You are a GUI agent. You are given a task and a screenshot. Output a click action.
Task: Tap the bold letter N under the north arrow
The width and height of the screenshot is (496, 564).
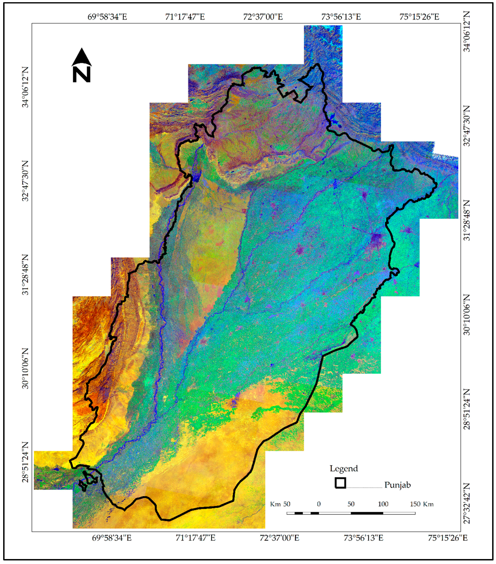(82, 74)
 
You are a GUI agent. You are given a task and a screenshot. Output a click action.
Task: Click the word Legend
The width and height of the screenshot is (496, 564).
(344, 468)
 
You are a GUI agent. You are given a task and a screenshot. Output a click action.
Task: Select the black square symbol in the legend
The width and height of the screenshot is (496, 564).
(340, 483)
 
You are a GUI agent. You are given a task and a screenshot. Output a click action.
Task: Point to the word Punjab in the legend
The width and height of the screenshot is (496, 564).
(397, 485)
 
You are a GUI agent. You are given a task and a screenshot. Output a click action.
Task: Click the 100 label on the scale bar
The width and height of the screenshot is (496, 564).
(383, 504)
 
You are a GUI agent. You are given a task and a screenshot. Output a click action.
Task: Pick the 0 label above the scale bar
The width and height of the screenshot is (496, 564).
(319, 504)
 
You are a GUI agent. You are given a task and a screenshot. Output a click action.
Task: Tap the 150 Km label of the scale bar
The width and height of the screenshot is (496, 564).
(422, 504)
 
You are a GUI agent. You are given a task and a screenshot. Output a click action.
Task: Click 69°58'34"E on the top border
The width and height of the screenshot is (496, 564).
(107, 17)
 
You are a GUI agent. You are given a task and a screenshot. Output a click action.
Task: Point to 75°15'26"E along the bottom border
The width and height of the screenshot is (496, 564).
(448, 538)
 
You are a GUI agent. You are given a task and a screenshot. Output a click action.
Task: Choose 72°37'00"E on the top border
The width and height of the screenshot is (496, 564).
(263, 17)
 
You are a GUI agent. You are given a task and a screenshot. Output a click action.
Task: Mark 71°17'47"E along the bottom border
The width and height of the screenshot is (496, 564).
(195, 538)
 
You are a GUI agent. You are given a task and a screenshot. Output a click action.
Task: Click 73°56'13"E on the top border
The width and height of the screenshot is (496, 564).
(341, 17)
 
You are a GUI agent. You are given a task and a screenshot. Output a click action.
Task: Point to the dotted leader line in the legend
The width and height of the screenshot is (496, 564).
(365, 488)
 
